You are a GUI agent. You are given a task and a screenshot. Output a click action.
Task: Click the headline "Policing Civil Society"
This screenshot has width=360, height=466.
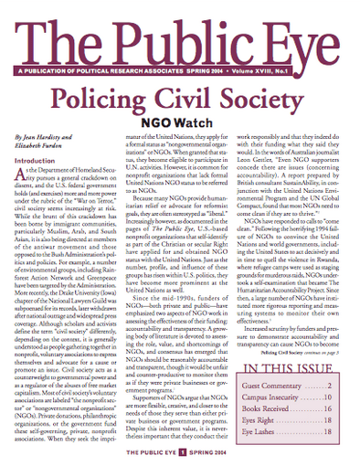click(x=180, y=99)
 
